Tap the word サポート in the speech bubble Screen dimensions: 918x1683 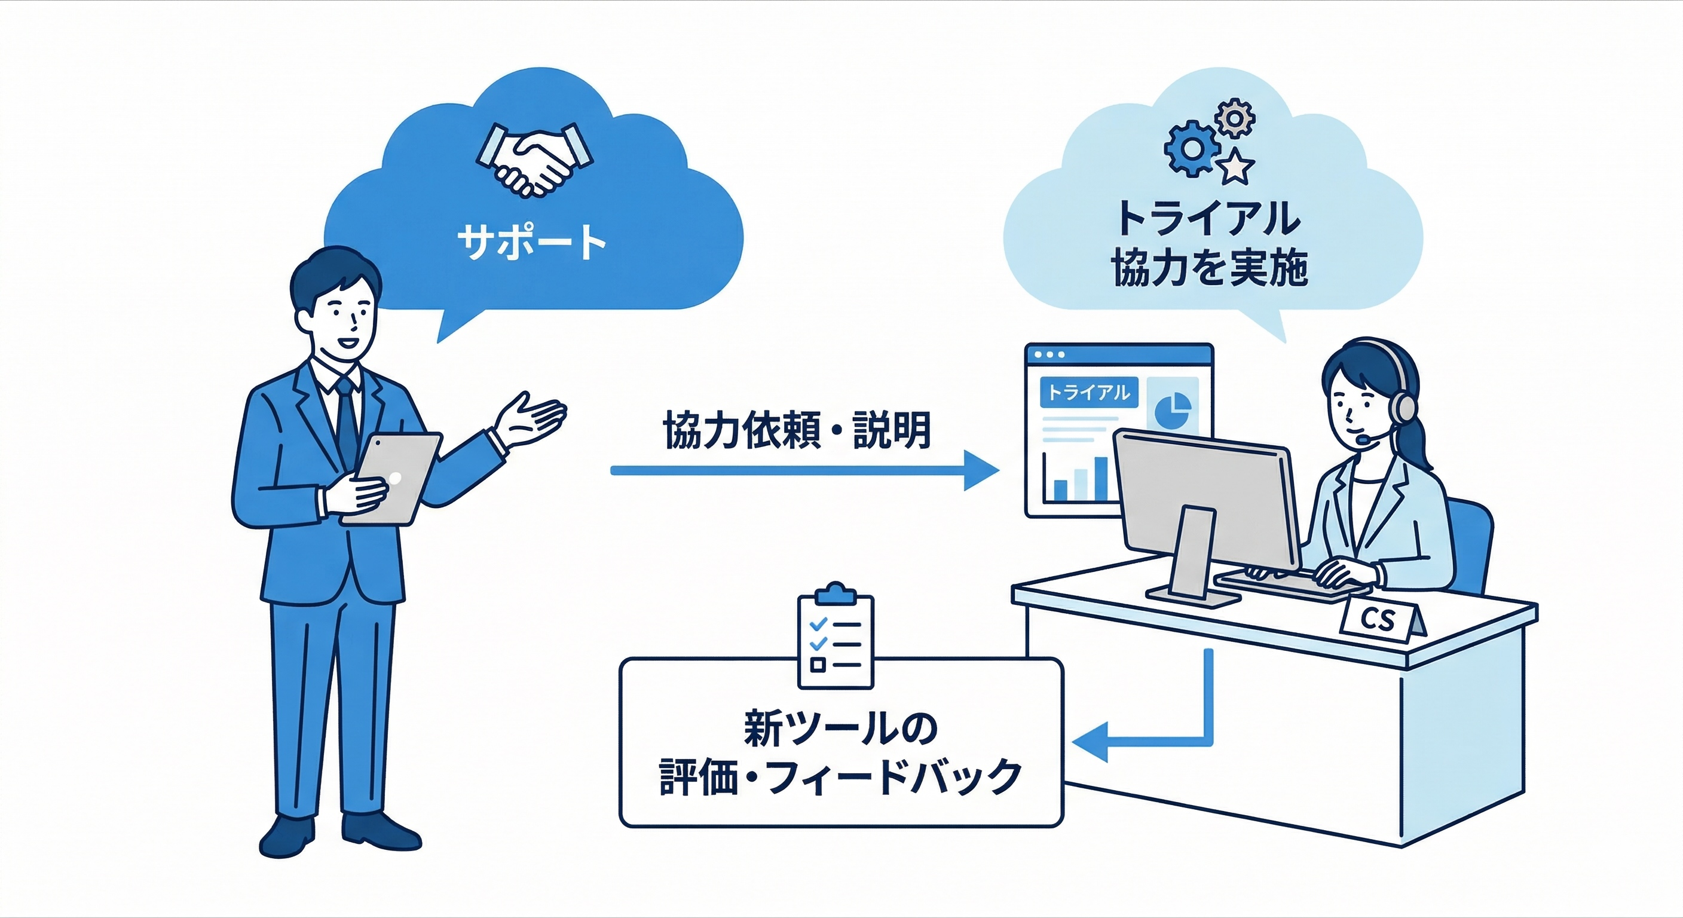tap(532, 241)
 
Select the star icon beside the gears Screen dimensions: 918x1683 tap(1236, 166)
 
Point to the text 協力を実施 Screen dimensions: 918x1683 tap(1209, 267)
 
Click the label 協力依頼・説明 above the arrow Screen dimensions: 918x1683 tap(797, 430)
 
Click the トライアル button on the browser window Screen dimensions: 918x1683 tap(1088, 392)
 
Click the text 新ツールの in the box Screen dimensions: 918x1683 tap(840, 729)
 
